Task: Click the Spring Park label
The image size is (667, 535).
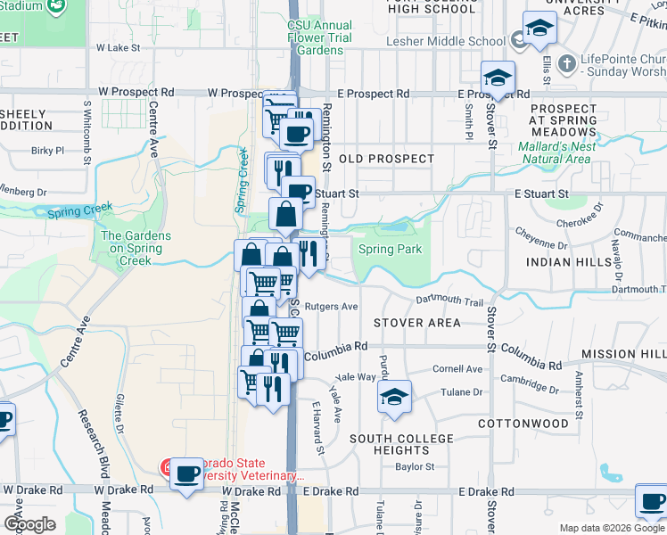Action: [390, 250]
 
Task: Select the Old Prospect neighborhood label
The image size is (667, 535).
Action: [386, 159]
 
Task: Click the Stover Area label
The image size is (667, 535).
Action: [416, 322]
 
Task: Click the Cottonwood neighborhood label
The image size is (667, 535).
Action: [523, 423]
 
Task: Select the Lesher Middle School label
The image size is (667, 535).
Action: [446, 41]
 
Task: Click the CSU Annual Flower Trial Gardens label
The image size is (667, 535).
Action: [319, 38]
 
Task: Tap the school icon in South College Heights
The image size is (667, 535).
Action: [393, 399]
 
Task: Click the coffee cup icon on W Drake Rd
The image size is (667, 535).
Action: [186, 474]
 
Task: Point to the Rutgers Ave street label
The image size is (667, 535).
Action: [331, 306]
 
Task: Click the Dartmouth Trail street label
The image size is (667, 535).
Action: [449, 303]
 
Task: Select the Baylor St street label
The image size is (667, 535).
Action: [415, 466]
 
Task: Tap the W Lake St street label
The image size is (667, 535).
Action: [119, 47]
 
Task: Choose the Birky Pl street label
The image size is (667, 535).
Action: [48, 151]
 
